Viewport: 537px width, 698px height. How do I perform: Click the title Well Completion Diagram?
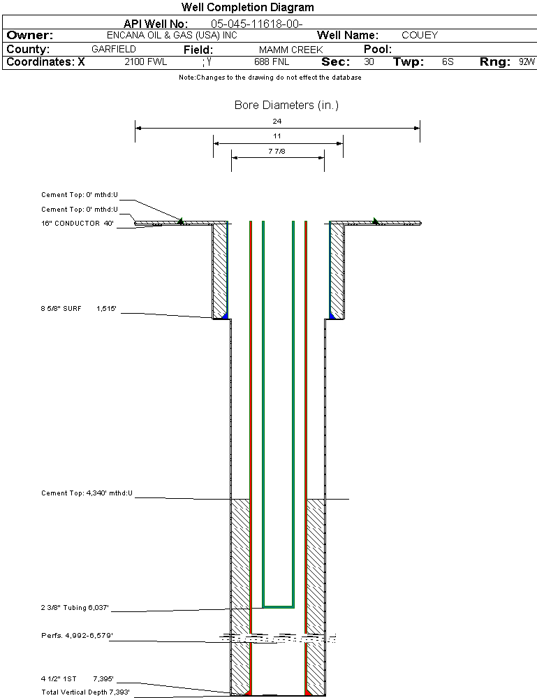(x=247, y=8)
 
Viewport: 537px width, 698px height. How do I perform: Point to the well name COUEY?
(x=420, y=35)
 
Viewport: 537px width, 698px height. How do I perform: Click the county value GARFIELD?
(x=114, y=50)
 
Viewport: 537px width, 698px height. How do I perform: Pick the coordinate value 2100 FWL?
(x=146, y=62)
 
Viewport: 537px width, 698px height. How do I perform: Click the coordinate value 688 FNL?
(x=272, y=62)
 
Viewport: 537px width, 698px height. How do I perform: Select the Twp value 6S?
(x=448, y=62)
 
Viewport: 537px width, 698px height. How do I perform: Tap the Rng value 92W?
(x=527, y=62)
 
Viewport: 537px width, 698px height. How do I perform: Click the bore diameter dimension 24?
(x=277, y=121)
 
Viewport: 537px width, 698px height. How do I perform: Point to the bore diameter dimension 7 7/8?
(x=277, y=150)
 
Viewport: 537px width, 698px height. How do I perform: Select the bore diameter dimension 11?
(x=277, y=136)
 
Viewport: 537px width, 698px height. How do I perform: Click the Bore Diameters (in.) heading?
(x=286, y=106)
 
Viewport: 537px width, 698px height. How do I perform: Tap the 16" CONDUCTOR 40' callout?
(x=77, y=224)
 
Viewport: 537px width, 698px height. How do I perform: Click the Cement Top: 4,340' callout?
(x=87, y=493)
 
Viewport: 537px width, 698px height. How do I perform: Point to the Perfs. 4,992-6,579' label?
(x=77, y=636)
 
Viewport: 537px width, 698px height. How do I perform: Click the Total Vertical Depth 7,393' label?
(x=85, y=692)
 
